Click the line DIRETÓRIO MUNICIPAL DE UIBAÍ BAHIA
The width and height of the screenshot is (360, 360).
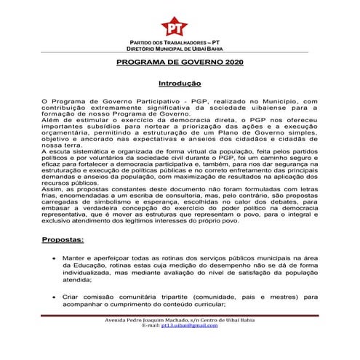(x=179, y=49)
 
